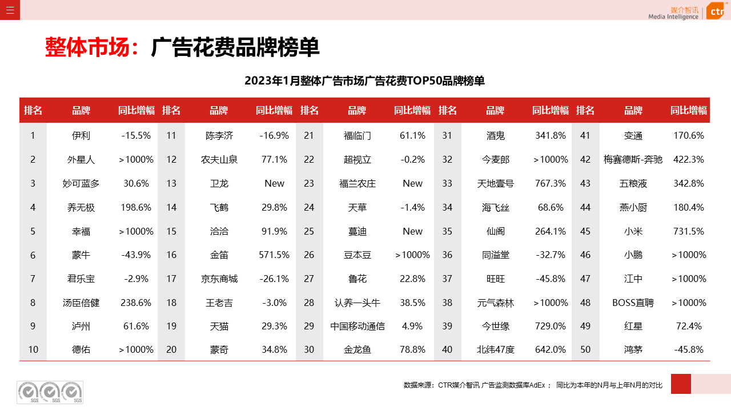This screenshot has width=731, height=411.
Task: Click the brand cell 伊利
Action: pos(81,136)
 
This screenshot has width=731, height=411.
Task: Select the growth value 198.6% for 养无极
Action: pos(136,207)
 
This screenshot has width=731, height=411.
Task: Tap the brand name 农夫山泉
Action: pos(219,159)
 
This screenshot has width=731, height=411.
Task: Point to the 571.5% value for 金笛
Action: pos(275,255)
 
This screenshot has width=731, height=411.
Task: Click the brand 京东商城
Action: pos(219,279)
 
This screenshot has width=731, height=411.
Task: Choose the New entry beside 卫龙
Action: pos(275,183)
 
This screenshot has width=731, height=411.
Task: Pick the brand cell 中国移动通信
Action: pos(358,326)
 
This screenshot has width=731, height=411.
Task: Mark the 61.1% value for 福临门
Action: pos(413,136)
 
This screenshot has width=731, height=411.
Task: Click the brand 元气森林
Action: pos(496,303)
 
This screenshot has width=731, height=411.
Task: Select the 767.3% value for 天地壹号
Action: pos(551,183)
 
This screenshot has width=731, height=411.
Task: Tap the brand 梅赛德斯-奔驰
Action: pos(633,159)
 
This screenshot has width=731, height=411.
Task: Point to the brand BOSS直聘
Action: pos(633,303)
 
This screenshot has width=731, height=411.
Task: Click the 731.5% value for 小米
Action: pos(689,231)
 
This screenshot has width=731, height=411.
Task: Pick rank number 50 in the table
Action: pos(585,349)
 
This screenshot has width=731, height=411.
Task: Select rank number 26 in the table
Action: pos(309,255)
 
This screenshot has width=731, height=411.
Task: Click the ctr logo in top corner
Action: pos(715,10)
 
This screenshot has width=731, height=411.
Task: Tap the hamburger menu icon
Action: pos(10,10)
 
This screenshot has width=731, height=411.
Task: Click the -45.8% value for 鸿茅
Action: pos(689,349)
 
